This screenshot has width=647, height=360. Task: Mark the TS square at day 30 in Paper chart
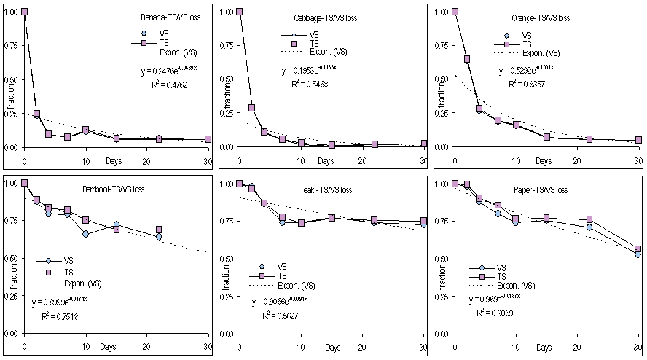[x=638, y=249]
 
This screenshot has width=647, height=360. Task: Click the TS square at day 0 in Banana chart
[x=25, y=12]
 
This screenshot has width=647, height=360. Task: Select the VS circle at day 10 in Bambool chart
[x=86, y=234]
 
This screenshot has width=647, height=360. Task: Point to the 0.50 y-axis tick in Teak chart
[x=225, y=259]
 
